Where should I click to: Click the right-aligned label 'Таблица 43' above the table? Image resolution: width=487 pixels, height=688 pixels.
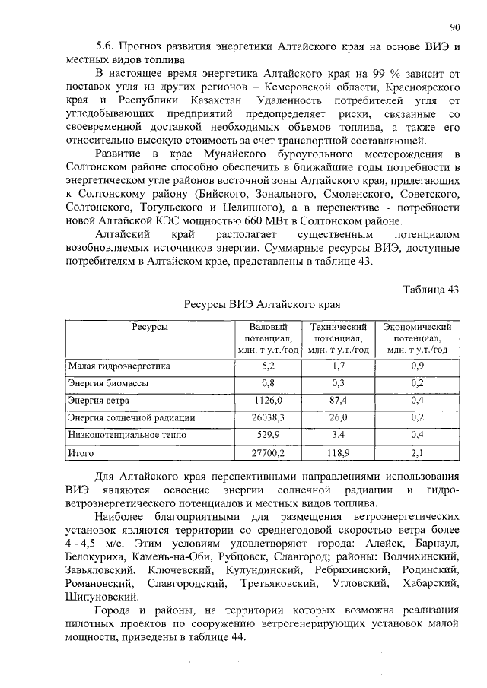tap(430, 289)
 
